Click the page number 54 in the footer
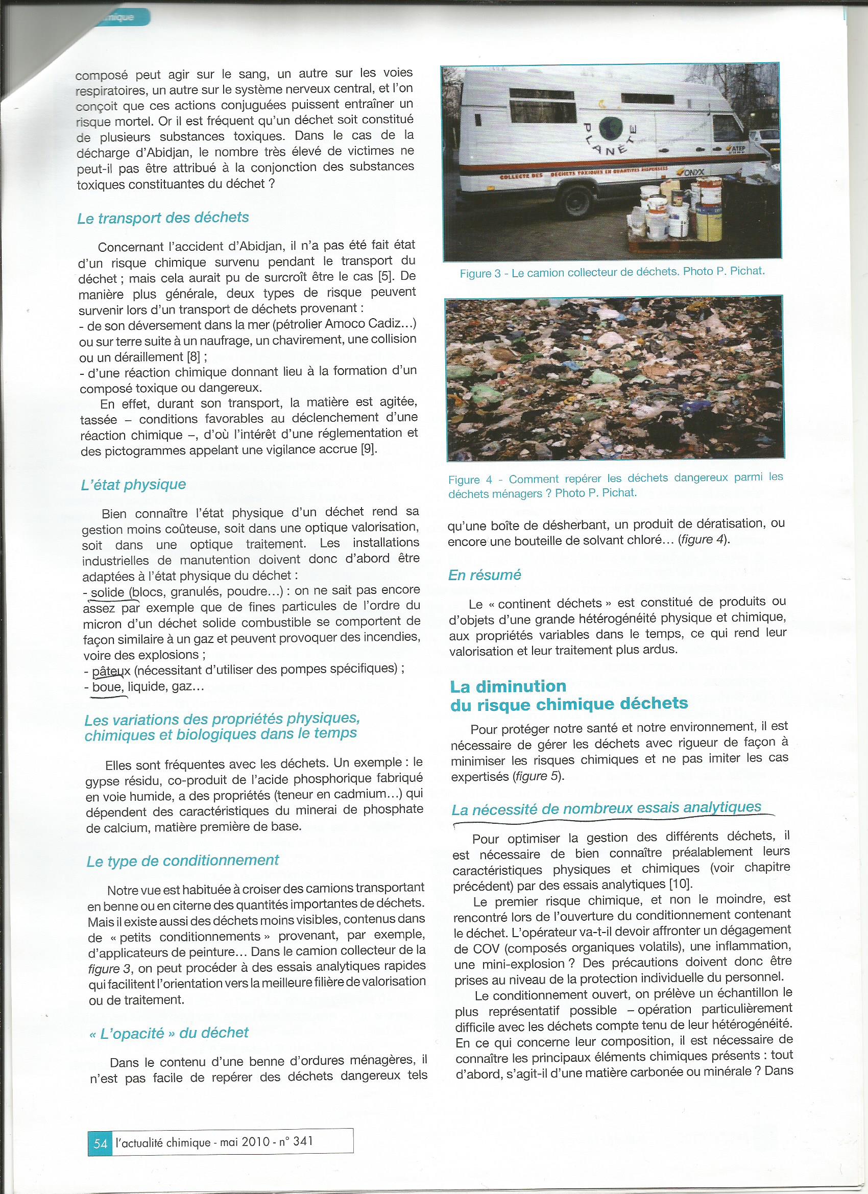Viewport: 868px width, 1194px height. (x=100, y=1138)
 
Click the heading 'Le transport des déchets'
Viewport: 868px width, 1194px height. (x=163, y=218)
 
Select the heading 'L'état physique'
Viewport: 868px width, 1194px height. (x=133, y=485)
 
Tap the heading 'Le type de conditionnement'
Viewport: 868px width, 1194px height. (x=183, y=861)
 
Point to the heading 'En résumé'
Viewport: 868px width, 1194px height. (x=484, y=575)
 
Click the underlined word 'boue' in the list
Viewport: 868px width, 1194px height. (x=107, y=687)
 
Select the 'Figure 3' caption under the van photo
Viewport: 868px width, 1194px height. (x=612, y=273)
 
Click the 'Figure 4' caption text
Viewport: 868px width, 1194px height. (x=615, y=486)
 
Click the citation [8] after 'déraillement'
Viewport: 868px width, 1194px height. (x=194, y=356)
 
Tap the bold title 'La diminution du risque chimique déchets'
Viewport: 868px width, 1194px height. (x=568, y=695)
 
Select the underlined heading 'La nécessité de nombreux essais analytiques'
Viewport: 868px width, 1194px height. (x=607, y=807)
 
